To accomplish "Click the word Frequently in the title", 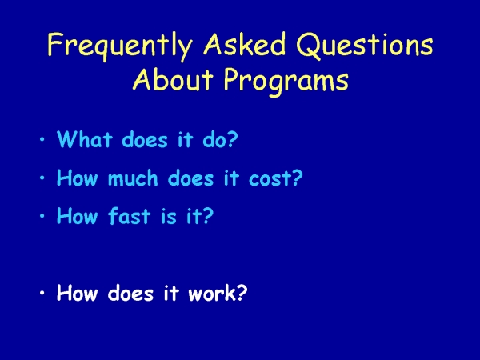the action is pyautogui.click(x=120, y=46).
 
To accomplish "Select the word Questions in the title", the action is pyautogui.click(x=365, y=45).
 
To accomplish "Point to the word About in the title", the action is pyautogui.click(x=173, y=78).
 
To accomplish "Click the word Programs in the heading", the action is pyautogui.click(x=286, y=81).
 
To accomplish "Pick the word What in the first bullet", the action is pyautogui.click(x=85, y=139).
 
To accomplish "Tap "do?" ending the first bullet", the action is pyautogui.click(x=220, y=139).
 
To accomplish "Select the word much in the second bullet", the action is pyautogui.click(x=133, y=178).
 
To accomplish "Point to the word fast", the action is pyautogui.click(x=129, y=216).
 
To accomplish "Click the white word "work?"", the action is pyautogui.click(x=218, y=293).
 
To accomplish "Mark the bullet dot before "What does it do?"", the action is pyautogui.click(x=42, y=139).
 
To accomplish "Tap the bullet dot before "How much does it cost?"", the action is pyautogui.click(x=42, y=178).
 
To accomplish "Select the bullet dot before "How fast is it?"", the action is pyautogui.click(x=42, y=216).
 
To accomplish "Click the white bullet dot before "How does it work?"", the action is pyautogui.click(x=42, y=293).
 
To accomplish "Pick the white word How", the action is pyautogui.click(x=78, y=293).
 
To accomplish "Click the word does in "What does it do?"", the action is pyautogui.click(x=145, y=139).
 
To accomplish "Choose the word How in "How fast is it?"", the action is pyautogui.click(x=78, y=216).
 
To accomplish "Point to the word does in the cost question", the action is pyautogui.click(x=190, y=178).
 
